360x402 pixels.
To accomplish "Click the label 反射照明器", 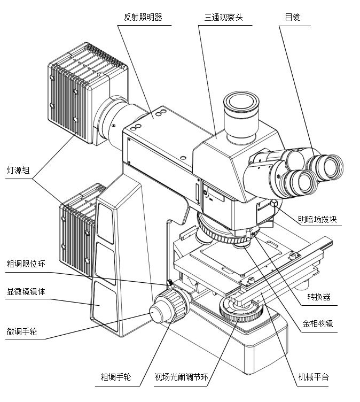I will (142, 17).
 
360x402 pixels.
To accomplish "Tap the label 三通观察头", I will (223, 17).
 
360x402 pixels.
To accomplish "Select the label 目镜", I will (292, 17).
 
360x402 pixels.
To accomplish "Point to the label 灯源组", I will (19, 171).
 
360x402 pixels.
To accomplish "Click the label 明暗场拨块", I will (318, 219).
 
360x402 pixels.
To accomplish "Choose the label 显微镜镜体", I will (25, 292).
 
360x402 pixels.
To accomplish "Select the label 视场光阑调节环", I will (181, 377).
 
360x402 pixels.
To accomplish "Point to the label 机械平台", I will (314, 377).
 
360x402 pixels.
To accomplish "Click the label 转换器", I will (319, 297).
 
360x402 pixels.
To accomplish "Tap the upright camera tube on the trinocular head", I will (240, 115).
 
